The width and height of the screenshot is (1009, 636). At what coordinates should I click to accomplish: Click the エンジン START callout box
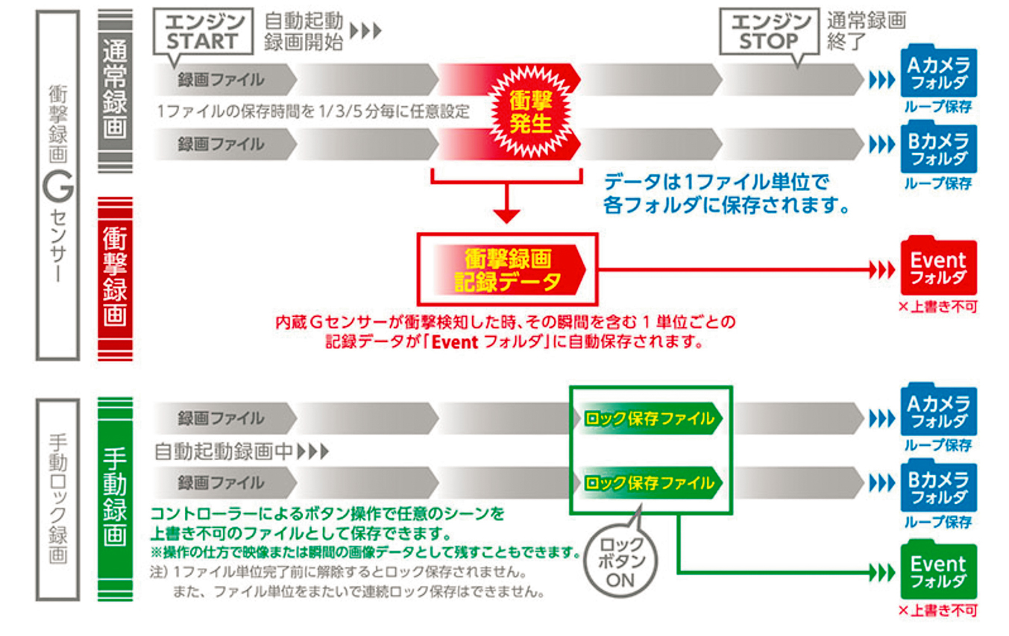pos(203,31)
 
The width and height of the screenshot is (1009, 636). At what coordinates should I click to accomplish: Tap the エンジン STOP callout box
pos(770,31)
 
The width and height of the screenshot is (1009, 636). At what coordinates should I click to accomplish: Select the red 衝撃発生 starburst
pos(530,112)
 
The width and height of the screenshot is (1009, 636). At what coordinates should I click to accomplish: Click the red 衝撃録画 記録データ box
pos(508,269)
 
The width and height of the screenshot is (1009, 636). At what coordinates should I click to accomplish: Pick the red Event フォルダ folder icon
pos(938,265)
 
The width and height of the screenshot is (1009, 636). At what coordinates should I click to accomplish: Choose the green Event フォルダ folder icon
pos(938,570)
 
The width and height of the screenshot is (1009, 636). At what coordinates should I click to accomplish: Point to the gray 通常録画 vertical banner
pos(116,91)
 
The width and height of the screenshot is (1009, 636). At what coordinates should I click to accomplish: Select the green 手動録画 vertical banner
pos(116,499)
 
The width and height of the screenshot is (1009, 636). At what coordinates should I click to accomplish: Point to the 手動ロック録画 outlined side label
pos(57,499)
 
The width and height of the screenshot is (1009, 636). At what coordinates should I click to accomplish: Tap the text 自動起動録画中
pos(224,451)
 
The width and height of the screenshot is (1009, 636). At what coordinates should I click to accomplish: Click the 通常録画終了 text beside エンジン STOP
pos(866,31)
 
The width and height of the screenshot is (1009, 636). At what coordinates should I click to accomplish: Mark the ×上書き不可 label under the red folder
pos(938,307)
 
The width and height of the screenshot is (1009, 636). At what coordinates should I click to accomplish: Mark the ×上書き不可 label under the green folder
pos(938,611)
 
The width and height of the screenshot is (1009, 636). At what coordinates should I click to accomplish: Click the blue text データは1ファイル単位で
pos(716,182)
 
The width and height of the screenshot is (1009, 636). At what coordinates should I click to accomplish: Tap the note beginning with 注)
pos(348,582)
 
